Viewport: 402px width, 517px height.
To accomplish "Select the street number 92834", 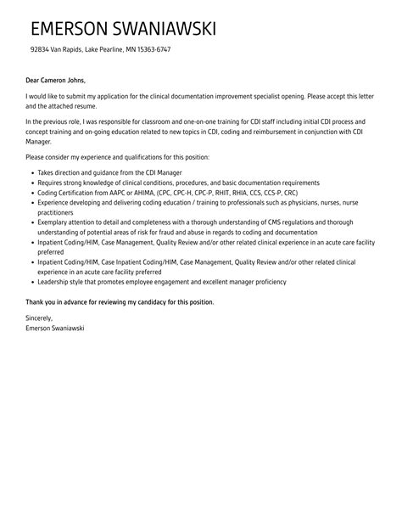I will pyautogui.click(x=39, y=50).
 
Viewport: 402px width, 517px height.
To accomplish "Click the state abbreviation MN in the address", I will pyautogui.click(x=123, y=50).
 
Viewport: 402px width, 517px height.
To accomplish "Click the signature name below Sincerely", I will pyautogui.click(x=55, y=328).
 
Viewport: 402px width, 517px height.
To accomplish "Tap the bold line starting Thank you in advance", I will pyautogui.click(x=120, y=302).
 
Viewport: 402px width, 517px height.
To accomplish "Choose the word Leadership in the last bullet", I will pyautogui.click(x=56, y=282).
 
